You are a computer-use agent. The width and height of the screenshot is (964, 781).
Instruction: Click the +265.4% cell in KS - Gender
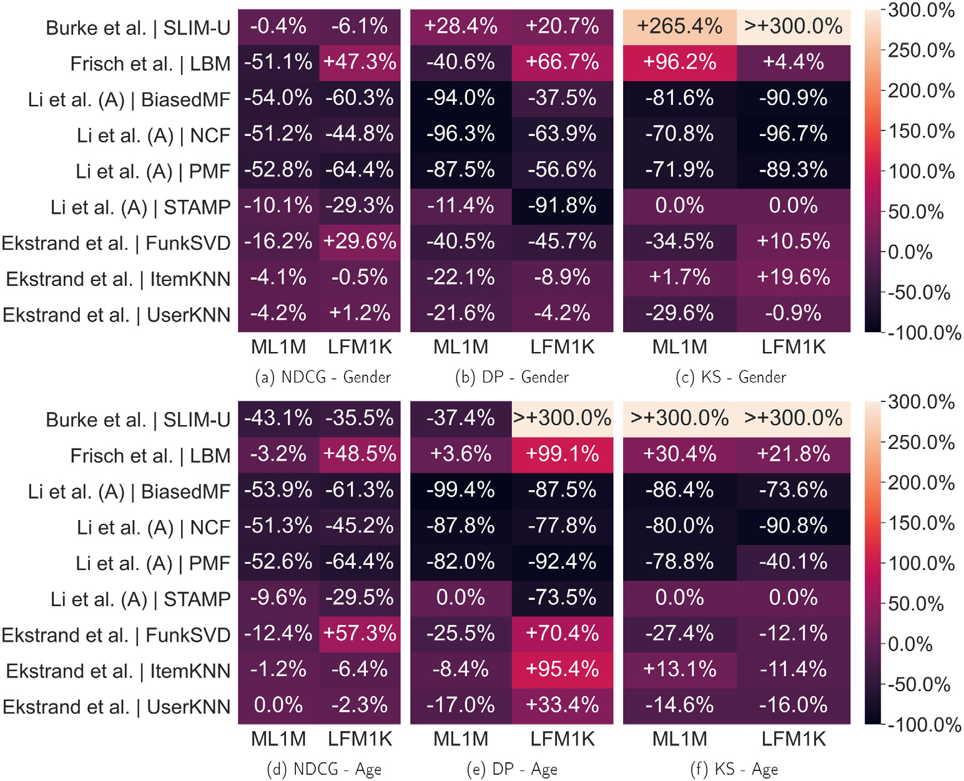tap(679, 27)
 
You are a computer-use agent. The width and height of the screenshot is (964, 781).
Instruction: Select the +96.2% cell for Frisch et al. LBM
tap(679, 62)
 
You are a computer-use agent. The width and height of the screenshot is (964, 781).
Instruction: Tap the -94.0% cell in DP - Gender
tap(461, 99)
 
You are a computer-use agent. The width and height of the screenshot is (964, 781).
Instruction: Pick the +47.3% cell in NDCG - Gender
tap(360, 62)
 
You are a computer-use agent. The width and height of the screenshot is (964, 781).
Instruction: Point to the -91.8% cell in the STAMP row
tap(562, 206)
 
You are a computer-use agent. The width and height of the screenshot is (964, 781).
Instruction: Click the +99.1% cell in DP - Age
tap(562, 454)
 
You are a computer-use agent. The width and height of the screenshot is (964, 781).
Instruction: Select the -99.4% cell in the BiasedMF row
tap(461, 490)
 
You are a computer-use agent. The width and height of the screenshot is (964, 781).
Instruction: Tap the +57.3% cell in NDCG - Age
tap(360, 634)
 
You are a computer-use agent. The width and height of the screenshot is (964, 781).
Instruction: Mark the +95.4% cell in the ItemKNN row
tap(562, 669)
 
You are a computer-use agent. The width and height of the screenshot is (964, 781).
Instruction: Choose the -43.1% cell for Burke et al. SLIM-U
tap(278, 418)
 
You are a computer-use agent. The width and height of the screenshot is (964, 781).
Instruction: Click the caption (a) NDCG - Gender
tap(323, 377)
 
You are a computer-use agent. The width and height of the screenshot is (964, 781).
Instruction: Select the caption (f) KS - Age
tap(734, 769)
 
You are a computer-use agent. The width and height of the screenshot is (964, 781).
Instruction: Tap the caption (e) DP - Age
tap(512, 769)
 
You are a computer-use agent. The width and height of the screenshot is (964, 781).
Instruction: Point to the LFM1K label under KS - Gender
tap(793, 347)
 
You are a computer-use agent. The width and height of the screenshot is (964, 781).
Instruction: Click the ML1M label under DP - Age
tap(461, 739)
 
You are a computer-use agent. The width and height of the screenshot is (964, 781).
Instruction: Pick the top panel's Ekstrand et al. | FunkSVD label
tap(116, 243)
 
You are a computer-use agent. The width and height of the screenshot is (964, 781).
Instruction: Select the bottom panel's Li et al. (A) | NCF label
tap(154, 528)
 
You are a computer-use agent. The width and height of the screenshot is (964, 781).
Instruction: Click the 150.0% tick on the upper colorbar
tap(921, 132)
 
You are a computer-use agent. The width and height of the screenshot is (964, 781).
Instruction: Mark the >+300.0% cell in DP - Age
tap(562, 418)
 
